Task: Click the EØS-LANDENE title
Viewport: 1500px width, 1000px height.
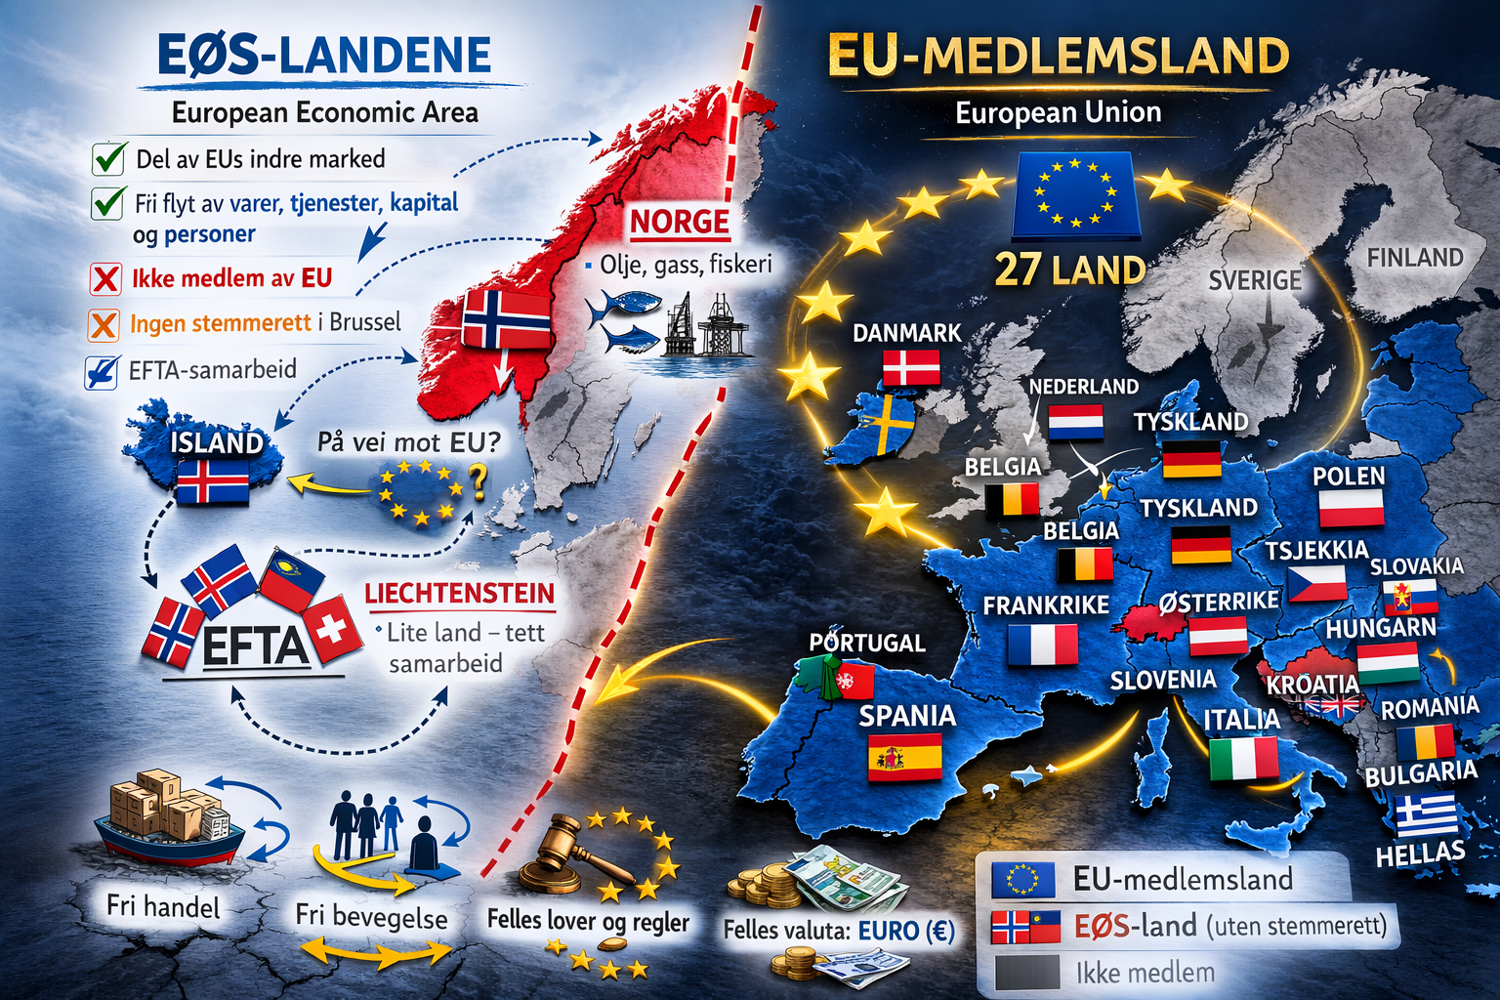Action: tap(324, 56)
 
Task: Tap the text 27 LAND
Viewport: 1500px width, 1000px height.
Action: tap(1069, 271)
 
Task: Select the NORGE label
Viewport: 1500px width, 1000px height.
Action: tap(679, 223)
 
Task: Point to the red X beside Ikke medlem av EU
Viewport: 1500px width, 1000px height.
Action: tap(105, 279)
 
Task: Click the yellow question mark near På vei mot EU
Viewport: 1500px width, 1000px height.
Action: tap(478, 480)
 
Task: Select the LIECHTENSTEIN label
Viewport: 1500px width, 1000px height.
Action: tap(459, 594)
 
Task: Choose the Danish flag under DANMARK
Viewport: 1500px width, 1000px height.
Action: tap(911, 368)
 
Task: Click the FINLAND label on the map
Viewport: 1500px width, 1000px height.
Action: tap(1415, 258)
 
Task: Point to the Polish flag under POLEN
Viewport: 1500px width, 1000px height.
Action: tap(1351, 508)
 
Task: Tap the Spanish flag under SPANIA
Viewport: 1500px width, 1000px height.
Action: tap(904, 757)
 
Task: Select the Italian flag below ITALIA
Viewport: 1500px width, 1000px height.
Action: tap(1243, 759)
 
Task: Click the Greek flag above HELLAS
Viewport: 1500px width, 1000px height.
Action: tap(1426, 816)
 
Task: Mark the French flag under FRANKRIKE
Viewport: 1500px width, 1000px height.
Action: tap(1042, 645)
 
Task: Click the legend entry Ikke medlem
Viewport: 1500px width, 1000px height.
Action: tap(1145, 973)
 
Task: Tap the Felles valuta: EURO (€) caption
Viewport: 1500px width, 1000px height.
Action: tap(839, 931)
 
